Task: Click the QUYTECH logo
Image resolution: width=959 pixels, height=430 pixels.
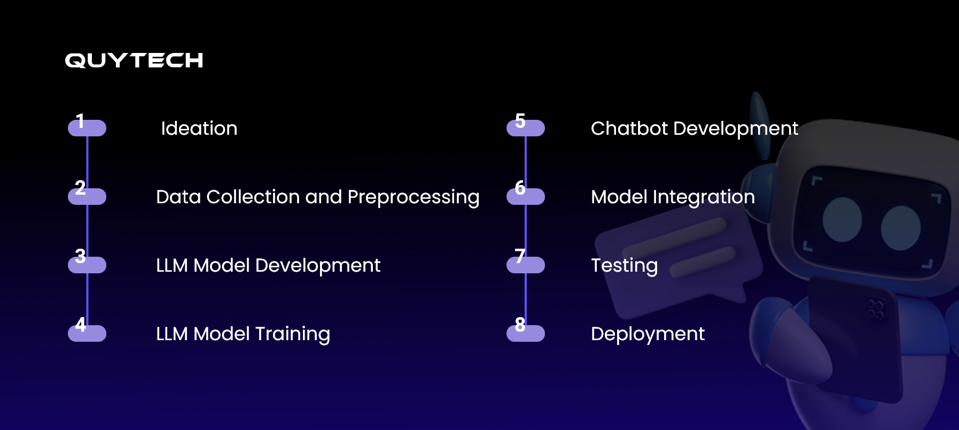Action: point(134,60)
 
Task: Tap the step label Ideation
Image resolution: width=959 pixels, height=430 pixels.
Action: point(199,128)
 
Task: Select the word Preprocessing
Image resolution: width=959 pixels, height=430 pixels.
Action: point(413,197)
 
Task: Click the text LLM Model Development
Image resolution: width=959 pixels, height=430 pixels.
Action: point(268,265)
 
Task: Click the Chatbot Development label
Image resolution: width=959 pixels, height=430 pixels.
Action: point(694,128)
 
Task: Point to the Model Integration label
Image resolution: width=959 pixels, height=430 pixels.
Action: point(673,197)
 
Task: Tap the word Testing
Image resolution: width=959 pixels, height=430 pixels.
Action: point(624,265)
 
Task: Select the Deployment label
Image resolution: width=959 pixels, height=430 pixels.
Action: point(648,334)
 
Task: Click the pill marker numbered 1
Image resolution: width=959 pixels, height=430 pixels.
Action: point(87,128)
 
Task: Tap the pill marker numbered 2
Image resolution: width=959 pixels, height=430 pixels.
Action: point(87,197)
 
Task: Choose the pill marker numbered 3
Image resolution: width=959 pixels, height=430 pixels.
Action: point(87,265)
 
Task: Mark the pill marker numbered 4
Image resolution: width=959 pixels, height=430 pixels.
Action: point(87,334)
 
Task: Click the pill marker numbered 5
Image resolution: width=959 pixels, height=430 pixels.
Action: point(526,128)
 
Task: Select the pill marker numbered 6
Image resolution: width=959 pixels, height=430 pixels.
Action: point(526,197)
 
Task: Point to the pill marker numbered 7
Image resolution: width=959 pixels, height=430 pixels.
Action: point(526,265)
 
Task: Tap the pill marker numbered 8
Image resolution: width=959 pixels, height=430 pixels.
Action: point(526,334)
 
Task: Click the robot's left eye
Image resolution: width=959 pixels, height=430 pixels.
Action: point(843,220)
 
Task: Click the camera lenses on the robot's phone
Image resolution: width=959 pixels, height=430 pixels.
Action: point(875,309)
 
